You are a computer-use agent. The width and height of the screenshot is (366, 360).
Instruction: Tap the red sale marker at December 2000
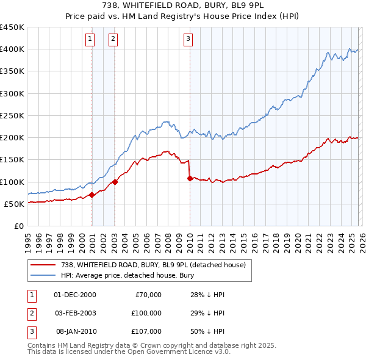tap(91, 195)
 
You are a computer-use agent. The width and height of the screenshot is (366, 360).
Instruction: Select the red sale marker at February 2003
tap(115, 182)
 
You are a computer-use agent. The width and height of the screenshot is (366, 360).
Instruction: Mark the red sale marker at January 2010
tap(190, 179)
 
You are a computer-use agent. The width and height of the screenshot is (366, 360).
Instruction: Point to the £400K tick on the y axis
tap(12, 49)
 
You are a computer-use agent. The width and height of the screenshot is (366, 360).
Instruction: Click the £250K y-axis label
tap(12, 115)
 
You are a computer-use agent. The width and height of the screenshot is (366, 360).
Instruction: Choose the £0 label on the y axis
tap(18, 226)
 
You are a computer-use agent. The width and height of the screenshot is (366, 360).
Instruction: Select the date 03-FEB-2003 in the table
tap(76, 313)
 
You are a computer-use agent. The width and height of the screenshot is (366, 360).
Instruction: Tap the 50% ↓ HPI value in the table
tap(207, 331)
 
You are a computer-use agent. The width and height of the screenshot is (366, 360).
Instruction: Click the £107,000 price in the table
tap(146, 331)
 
